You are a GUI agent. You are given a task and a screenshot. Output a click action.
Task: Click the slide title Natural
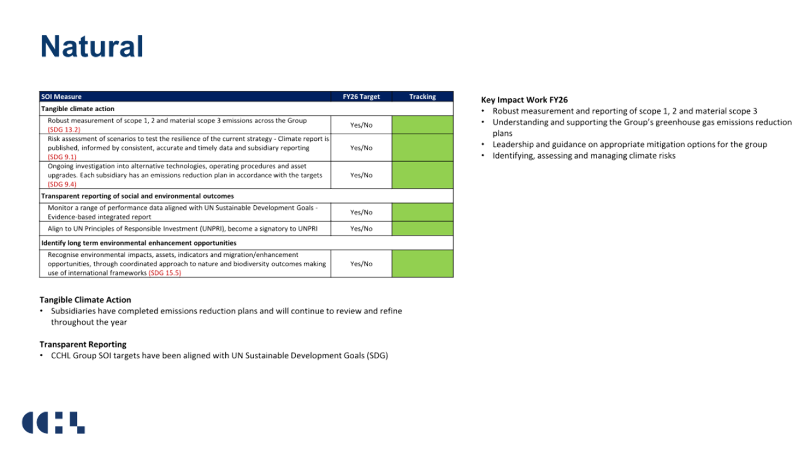coord(91,46)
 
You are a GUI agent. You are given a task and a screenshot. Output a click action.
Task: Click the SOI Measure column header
coord(61,97)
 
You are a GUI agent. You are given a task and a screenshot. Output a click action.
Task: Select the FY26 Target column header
coord(361,97)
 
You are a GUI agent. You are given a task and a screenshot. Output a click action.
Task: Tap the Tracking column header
coord(423,97)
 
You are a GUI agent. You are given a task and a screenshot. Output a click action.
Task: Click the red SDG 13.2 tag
coord(64,129)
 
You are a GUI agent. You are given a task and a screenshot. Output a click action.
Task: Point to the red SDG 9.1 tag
coord(62,157)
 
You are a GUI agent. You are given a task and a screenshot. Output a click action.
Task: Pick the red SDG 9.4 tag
coord(62,184)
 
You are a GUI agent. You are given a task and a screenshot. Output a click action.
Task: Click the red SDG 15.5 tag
coord(165,273)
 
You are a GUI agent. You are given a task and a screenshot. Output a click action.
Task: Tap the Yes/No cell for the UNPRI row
coord(361,229)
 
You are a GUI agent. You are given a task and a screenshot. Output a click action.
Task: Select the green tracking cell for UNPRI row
coord(423,229)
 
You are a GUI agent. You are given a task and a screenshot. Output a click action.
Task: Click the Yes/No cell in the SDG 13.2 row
coord(361,125)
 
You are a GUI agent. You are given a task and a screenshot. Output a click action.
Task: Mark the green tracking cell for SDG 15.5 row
coord(423,264)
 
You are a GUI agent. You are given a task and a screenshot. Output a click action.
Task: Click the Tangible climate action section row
coord(78,109)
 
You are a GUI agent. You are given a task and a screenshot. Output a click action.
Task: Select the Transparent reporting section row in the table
coord(138,196)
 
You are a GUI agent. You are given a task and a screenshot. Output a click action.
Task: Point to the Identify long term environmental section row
coord(139,243)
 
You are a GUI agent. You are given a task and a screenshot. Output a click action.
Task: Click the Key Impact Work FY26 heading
coord(525,100)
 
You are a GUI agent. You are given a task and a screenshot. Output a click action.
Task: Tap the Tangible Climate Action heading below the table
coord(85,300)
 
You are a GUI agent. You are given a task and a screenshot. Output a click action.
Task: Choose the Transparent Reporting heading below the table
coord(83,344)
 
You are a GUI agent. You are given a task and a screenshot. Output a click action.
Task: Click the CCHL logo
coord(53,423)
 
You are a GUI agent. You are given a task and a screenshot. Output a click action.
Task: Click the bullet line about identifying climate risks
coord(584,156)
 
